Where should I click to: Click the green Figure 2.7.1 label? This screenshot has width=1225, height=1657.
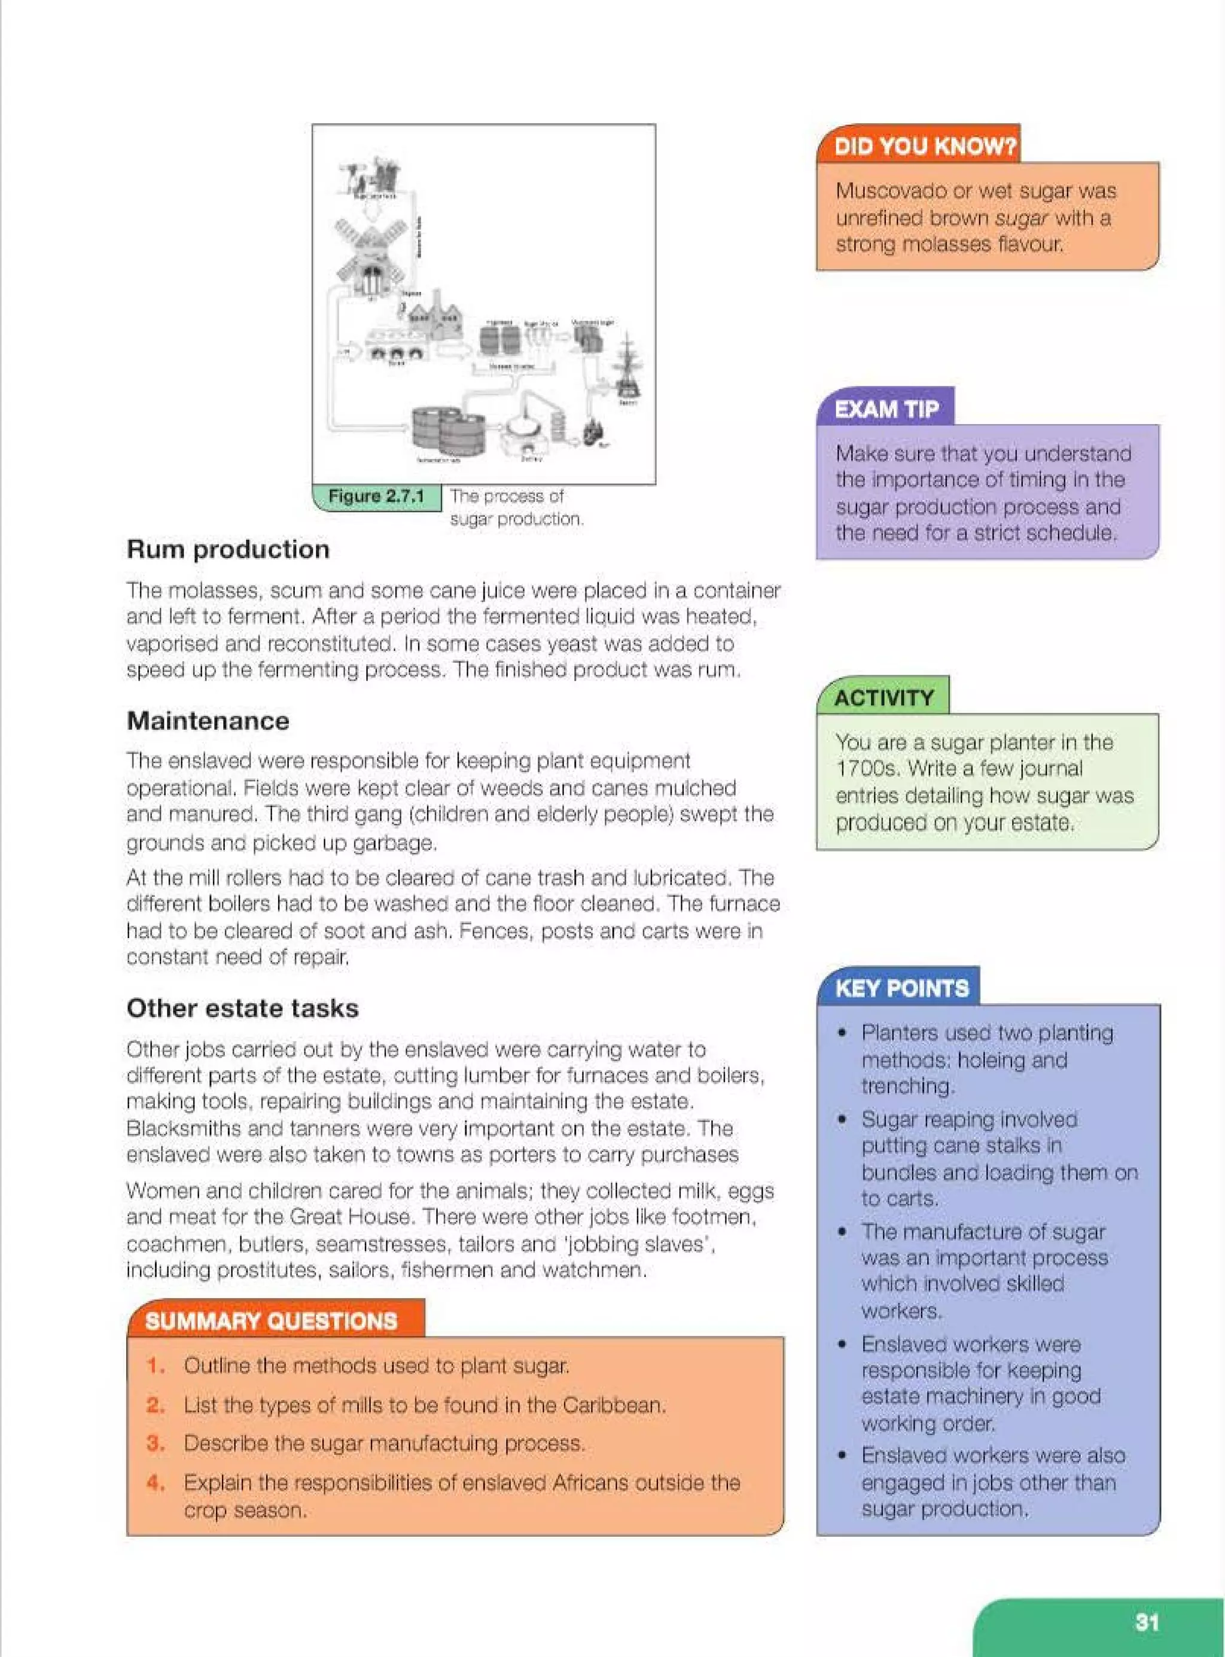376,497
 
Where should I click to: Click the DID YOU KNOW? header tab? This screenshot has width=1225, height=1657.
924,146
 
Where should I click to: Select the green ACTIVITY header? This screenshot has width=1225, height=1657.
884,697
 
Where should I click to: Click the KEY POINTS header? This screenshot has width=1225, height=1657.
901,988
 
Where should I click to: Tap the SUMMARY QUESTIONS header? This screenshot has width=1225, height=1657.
272,1321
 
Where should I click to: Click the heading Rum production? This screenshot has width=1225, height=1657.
228,549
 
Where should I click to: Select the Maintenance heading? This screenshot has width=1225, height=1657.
208,721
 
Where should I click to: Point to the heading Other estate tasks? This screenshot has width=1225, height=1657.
242,1009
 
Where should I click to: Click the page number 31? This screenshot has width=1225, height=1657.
1147,1622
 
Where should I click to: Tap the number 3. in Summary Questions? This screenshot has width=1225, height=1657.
156,1443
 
